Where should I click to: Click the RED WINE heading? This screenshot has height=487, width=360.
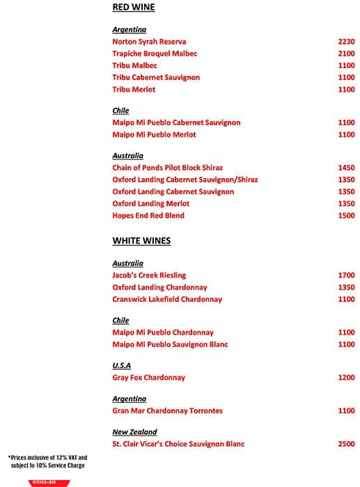coord(134,8)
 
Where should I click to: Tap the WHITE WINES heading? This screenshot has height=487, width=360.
coord(141,241)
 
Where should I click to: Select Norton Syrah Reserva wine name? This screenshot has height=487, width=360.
coord(149,42)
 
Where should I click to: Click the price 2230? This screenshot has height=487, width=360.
coord(346,42)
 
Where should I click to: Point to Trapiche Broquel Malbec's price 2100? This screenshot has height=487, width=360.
coord(346,54)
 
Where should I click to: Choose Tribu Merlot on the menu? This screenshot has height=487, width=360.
coord(134,90)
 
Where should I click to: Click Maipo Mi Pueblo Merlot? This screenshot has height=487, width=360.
coord(154,134)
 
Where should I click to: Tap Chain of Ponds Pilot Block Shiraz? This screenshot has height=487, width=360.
coord(167,168)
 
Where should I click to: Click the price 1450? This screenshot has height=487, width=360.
coord(346,168)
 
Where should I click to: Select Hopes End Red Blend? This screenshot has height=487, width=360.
coord(148,216)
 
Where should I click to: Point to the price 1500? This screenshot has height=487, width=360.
coord(346,216)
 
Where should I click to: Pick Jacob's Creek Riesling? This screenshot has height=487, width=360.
coord(149,276)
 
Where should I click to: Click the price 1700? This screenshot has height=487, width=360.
coord(346,276)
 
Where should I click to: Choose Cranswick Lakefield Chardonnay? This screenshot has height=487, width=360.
coord(167,299)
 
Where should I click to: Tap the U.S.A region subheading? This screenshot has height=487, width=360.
coord(122,365)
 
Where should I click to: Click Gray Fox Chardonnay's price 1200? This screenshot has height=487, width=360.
coord(346,378)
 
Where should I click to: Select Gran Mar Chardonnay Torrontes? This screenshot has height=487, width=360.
coord(167,411)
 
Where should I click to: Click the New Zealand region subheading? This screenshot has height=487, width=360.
coord(134,432)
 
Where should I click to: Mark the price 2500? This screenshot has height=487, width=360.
coord(346,444)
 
